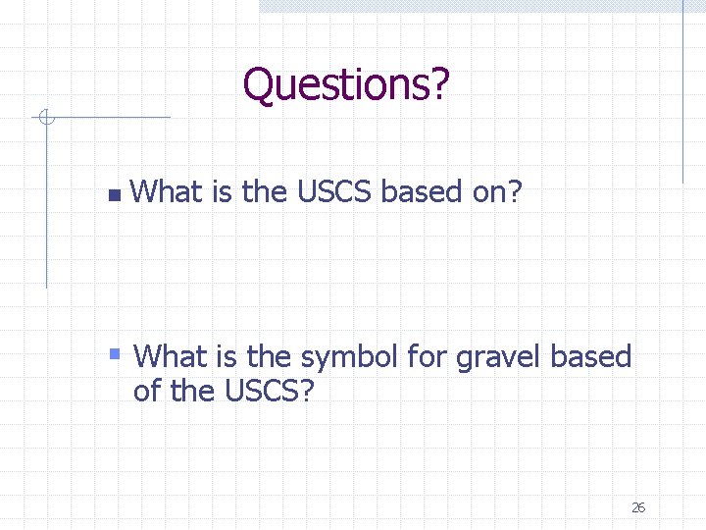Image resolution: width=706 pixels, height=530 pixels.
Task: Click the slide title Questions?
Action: point(346,84)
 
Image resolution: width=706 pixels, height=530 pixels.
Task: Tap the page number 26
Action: point(638,507)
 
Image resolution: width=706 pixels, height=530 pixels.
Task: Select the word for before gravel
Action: point(426,356)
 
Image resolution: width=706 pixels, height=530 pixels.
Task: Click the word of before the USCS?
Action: point(146,392)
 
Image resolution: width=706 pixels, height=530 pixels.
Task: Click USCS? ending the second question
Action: point(270,392)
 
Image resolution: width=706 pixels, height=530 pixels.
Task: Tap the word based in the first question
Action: point(421,192)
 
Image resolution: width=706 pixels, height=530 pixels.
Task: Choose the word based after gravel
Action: point(591,356)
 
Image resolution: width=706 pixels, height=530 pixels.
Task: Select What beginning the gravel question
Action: point(170,356)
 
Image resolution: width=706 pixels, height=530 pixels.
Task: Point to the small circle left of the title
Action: point(44,119)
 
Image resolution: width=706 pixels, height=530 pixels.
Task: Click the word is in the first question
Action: point(222,192)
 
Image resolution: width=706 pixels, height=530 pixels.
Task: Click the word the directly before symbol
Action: point(269,356)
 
